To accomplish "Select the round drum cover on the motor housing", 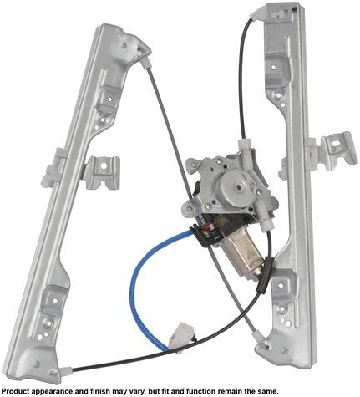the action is [236, 186].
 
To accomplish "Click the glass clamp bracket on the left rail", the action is [102, 172].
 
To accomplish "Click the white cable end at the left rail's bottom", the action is [66, 371].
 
